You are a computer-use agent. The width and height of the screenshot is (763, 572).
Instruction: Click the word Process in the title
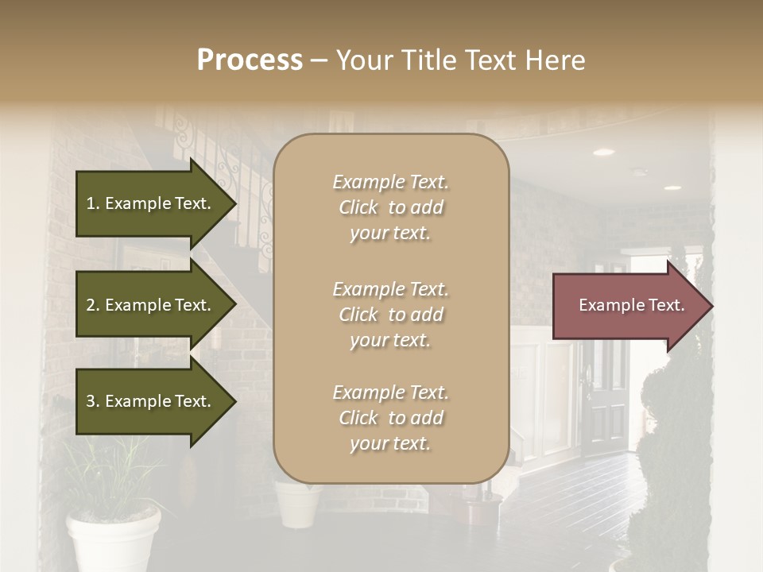(250, 60)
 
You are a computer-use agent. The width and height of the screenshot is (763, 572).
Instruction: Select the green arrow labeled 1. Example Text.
(151, 203)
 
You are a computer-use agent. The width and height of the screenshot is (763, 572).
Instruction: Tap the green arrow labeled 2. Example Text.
(151, 305)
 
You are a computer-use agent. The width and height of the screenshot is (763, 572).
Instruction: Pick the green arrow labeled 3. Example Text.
(151, 401)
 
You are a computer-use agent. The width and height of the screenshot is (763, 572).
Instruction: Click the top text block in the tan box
(390, 207)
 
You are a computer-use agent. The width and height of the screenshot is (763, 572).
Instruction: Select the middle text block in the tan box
(390, 315)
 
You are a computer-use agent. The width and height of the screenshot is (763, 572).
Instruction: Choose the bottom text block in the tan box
(390, 418)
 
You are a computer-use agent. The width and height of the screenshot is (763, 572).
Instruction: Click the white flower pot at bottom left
(113, 540)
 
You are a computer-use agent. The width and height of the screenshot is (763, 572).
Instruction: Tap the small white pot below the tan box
(298, 504)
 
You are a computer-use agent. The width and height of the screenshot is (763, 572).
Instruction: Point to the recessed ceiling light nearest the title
(604, 152)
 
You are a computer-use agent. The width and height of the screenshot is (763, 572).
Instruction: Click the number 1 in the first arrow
(91, 203)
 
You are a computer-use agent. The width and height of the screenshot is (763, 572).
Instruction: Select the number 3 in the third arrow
(91, 401)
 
